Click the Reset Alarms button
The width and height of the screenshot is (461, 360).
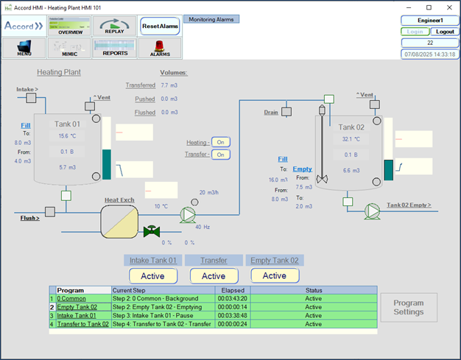[160, 27]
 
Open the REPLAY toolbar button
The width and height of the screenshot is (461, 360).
[114, 26]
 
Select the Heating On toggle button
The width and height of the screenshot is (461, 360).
[220, 142]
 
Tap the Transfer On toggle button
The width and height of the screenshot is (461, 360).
[220, 155]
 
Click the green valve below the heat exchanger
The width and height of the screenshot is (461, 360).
[152, 231]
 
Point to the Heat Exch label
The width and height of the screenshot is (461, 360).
[119, 200]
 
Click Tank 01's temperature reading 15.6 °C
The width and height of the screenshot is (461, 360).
[67, 136]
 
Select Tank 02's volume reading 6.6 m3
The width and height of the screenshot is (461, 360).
[351, 171]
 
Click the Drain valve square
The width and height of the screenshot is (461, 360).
[286, 112]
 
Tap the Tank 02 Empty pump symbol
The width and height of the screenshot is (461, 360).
[373, 211]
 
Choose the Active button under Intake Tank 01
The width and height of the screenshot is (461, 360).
[153, 276]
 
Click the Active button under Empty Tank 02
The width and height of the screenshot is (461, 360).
[275, 275]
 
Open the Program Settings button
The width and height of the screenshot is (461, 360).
[409, 308]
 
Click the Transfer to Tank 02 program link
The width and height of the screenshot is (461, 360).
[83, 324]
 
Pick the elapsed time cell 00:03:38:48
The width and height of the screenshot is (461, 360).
[232, 316]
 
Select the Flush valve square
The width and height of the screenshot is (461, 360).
[50, 212]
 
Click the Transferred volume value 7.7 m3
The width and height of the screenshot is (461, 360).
[169, 85]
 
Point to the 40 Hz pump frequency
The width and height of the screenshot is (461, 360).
[203, 227]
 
